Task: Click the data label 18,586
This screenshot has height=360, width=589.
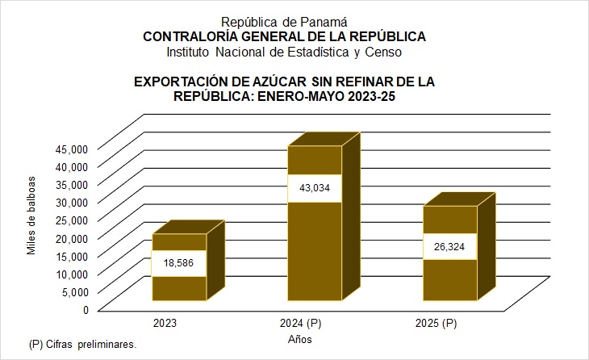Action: [x=178, y=264]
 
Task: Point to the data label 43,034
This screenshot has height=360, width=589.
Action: [x=314, y=187]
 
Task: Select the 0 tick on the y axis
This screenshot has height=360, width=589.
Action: [x=83, y=308]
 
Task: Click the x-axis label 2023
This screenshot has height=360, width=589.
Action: [x=165, y=323]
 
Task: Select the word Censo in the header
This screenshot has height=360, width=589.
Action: [x=382, y=52]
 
